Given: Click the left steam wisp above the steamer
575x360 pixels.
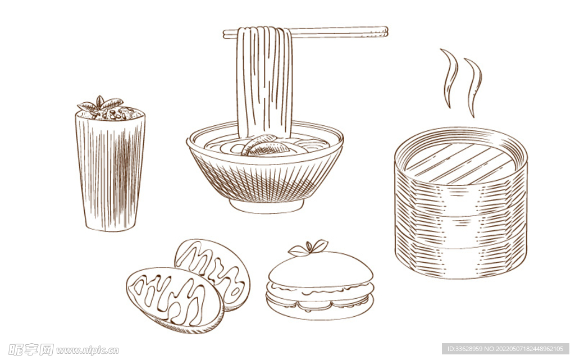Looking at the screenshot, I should pos(450,76).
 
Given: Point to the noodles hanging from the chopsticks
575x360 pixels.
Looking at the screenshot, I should pos(264,79).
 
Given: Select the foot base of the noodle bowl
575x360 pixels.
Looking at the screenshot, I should pos(266,206).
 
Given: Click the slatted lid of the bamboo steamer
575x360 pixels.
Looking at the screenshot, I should pos(460,162).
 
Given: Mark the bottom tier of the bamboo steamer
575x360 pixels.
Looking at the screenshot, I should pos(460,258).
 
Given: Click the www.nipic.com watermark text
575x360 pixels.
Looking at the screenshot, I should pos(87,350).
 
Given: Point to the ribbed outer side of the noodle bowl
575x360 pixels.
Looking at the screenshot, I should pos(264,180).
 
